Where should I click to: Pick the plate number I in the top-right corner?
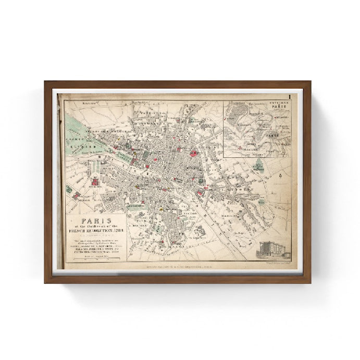pos(288,97)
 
